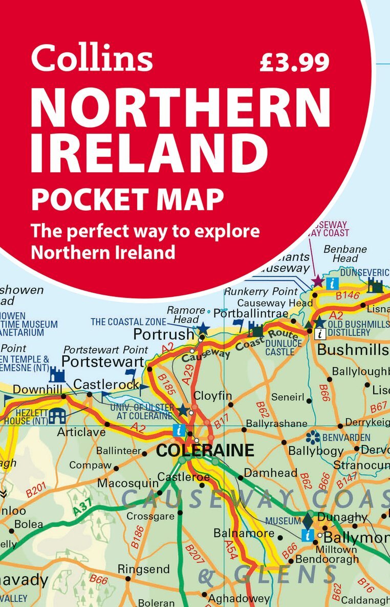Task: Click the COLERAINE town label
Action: tap(205, 451)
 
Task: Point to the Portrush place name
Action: tap(163, 334)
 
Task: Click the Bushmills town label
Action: tap(353, 350)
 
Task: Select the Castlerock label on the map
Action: tap(106, 384)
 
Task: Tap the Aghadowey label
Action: tap(239, 598)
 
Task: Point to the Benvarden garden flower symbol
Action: tap(312, 437)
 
